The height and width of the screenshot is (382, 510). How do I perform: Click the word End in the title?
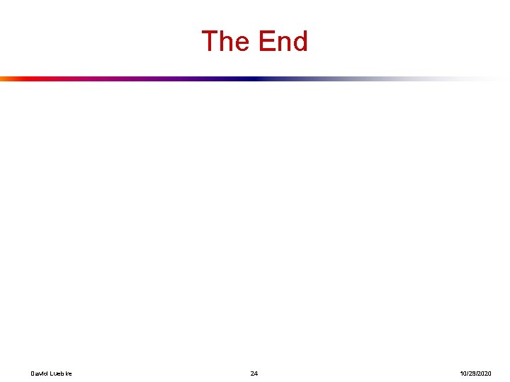click(283, 41)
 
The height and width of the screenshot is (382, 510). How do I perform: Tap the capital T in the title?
click(210, 41)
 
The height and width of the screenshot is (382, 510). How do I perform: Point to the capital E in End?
click(266, 41)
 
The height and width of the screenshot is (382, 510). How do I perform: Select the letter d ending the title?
click(300, 41)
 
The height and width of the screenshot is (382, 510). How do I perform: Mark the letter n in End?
click(283, 42)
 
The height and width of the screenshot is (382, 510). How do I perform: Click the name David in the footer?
click(39, 373)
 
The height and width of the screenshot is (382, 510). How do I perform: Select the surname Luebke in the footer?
click(60, 373)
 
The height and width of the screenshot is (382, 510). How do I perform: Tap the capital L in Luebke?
click(51, 373)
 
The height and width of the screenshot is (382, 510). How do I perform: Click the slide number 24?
click(254, 373)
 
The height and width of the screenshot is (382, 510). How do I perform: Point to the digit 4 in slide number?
click(256, 373)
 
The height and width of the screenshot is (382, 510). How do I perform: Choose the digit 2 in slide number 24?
click(252, 373)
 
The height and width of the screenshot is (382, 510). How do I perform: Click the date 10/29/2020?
click(475, 373)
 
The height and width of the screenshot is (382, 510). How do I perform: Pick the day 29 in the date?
click(471, 373)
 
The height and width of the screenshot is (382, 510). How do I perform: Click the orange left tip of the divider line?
click(4, 79)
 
